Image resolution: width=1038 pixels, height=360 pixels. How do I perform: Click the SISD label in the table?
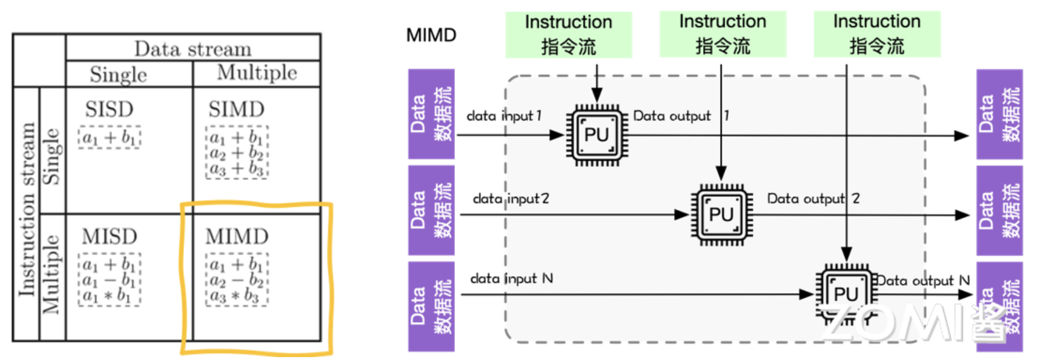[109, 110]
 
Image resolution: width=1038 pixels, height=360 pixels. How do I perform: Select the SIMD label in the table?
[236, 110]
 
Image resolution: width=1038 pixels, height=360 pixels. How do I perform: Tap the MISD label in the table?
[110, 237]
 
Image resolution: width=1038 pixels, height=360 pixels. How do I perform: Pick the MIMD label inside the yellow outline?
[237, 237]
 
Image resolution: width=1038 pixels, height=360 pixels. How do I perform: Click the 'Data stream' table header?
[193, 48]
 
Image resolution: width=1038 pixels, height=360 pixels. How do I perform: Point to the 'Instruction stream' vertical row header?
[27, 210]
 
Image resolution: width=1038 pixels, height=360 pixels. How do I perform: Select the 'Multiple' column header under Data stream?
[257, 73]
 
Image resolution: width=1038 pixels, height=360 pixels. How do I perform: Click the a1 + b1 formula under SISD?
[110, 138]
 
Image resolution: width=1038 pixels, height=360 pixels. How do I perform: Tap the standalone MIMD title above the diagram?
[431, 35]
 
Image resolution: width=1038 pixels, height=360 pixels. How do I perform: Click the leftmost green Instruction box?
[569, 34]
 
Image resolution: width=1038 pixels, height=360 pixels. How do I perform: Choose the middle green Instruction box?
[723, 34]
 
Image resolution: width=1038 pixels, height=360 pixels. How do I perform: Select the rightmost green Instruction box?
[877, 34]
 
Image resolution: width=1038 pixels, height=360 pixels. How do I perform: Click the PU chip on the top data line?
[596, 135]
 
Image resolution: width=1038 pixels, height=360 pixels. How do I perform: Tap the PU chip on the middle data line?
[721, 214]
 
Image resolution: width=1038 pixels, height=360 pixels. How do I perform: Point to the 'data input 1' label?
[504, 116]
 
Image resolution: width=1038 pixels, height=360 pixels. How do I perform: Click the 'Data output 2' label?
[813, 199]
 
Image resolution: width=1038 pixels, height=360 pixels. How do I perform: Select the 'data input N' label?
[511, 278]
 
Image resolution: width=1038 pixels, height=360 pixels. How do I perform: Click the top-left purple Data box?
[431, 114]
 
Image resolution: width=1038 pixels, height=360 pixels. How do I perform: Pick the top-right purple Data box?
[1000, 114]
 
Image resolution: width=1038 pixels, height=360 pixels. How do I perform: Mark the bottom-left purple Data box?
[431, 306]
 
